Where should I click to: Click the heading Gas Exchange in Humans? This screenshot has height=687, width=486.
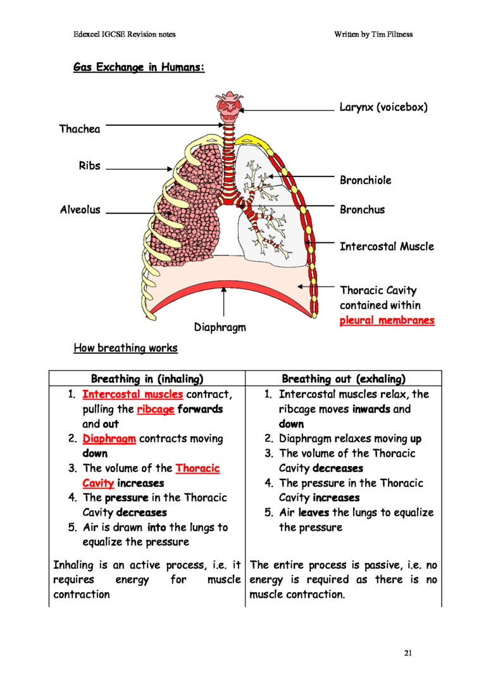pyautogui.click(x=139, y=67)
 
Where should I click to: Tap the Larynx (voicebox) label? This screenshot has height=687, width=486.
pyautogui.click(x=383, y=108)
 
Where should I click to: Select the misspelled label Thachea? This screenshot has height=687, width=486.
pyautogui.click(x=80, y=129)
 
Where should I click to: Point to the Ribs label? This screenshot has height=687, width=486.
pyautogui.click(x=89, y=166)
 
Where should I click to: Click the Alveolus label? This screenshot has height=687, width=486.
pyautogui.click(x=80, y=210)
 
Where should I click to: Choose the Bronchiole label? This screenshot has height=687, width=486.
pyautogui.click(x=365, y=180)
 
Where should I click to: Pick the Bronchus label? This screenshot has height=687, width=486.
pyautogui.click(x=362, y=209)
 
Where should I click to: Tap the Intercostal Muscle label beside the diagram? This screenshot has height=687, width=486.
pyautogui.click(x=387, y=246)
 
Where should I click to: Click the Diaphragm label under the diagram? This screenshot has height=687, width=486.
pyautogui.click(x=220, y=328)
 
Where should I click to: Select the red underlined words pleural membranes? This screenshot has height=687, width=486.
pyautogui.click(x=387, y=321)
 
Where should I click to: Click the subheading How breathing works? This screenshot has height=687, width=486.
pyautogui.click(x=125, y=348)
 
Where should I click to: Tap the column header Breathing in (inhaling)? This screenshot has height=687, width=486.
pyautogui.click(x=147, y=380)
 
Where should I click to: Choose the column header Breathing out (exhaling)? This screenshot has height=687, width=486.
pyautogui.click(x=344, y=380)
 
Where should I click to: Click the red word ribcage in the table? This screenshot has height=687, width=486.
pyautogui.click(x=155, y=409)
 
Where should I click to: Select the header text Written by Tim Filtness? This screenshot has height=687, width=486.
pyautogui.click(x=373, y=34)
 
